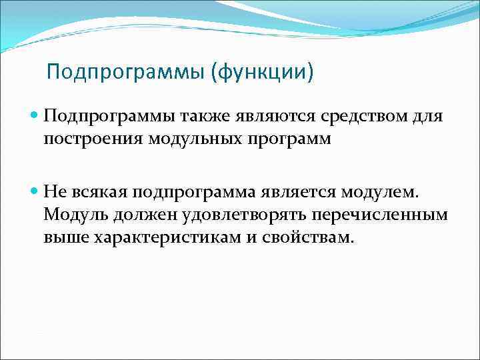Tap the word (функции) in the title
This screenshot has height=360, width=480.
[261, 71]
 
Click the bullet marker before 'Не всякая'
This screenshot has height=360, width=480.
[35, 193]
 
